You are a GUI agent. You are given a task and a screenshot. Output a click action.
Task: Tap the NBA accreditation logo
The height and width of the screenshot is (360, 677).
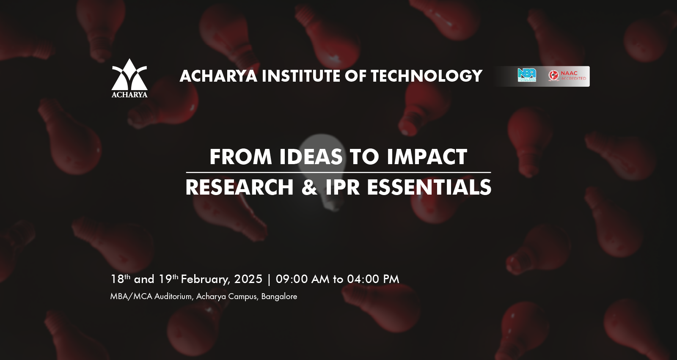tap(527, 74)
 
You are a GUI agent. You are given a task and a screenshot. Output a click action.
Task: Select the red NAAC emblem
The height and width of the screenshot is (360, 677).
tap(554, 75)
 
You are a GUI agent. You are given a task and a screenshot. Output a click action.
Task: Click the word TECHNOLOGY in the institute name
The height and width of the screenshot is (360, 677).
tap(427, 76)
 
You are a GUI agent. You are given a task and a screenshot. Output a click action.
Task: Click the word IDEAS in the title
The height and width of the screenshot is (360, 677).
tap(311, 157)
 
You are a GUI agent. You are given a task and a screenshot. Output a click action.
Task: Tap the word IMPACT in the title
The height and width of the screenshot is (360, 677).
tap(427, 157)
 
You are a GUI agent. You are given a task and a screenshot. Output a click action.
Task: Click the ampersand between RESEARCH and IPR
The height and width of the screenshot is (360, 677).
tap(309, 187)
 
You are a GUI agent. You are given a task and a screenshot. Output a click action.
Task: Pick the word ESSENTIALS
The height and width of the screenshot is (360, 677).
tap(429, 187)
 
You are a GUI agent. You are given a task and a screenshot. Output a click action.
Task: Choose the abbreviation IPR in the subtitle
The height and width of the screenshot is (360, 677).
tap(342, 187)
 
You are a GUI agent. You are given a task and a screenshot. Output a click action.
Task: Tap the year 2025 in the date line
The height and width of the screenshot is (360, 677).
tap(248, 279)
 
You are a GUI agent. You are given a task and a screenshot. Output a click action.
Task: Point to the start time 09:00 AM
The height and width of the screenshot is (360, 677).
tap(303, 279)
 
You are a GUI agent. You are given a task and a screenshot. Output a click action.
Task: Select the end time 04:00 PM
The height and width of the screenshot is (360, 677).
tap(373, 279)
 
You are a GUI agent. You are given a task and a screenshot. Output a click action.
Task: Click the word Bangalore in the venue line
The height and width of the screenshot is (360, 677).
tap(279, 297)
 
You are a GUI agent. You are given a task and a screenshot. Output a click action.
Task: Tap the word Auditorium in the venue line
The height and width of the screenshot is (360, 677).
tap(173, 297)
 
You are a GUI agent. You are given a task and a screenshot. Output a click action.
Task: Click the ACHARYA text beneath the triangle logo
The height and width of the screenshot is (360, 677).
tap(129, 95)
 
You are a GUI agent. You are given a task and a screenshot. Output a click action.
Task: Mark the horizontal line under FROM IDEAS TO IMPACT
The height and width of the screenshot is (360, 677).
tap(338, 172)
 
